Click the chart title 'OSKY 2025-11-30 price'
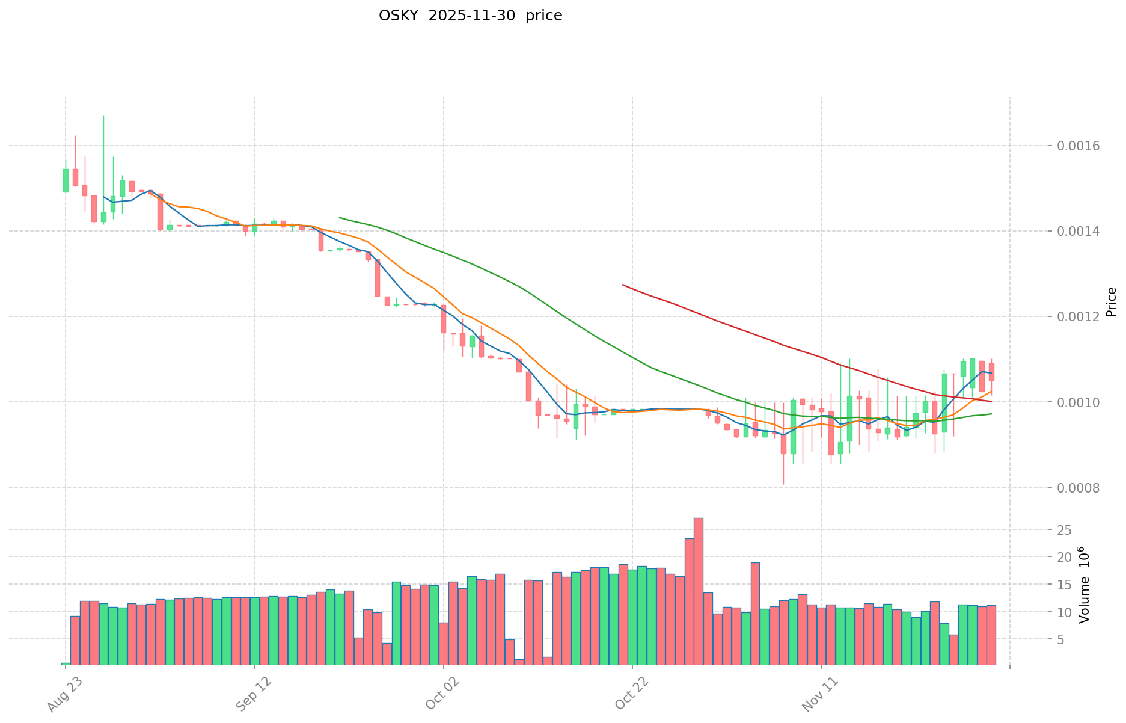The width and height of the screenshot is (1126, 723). tap(470, 16)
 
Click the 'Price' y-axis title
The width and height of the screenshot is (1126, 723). tap(1111, 302)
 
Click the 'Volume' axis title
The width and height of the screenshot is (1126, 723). tap(1084, 585)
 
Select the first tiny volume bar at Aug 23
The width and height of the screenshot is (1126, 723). tap(66, 664)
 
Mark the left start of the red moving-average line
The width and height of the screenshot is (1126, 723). tap(623, 285)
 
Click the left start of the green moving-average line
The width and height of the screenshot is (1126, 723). tap(340, 217)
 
